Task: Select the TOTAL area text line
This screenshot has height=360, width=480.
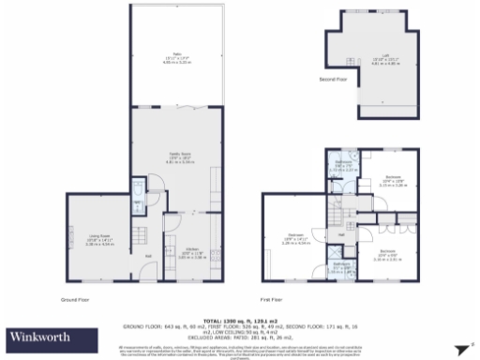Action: tap(238, 320)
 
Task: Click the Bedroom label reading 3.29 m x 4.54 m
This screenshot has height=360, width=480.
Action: tap(295, 239)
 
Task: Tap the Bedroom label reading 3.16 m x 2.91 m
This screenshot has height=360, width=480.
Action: tap(386, 253)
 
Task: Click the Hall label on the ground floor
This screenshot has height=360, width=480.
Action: tap(147, 255)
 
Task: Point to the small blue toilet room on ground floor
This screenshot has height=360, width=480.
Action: tap(139, 191)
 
